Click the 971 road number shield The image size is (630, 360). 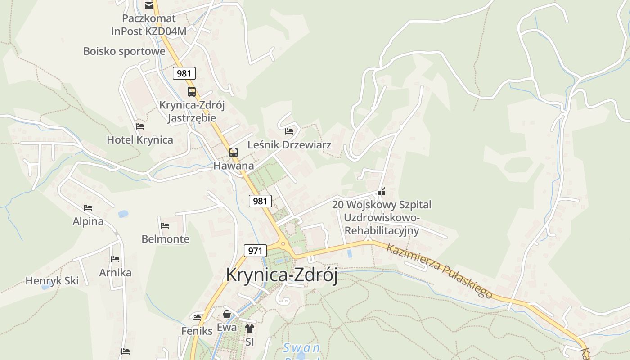pyautogui.click(x=255, y=251)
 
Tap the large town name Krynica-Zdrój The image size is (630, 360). pyautogui.click(x=282, y=275)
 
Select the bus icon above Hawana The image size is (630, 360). pyautogui.click(x=233, y=153)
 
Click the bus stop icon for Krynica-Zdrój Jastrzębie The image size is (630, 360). pyautogui.click(x=192, y=92)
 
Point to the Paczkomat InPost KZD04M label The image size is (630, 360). pyautogui.click(x=149, y=25)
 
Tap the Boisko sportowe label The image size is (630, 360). pyautogui.click(x=124, y=51)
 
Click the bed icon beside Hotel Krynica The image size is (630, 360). pyautogui.click(x=140, y=126)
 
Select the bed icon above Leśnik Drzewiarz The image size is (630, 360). pyautogui.click(x=289, y=131)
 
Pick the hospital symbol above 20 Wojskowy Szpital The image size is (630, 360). pyautogui.click(x=382, y=192)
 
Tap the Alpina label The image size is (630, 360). pyautogui.click(x=88, y=221)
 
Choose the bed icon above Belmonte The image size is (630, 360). pyautogui.click(x=165, y=225)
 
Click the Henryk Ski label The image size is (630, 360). pyautogui.click(x=52, y=281)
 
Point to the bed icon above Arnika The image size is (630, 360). pyautogui.click(x=115, y=259)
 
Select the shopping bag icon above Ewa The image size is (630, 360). pyautogui.click(x=227, y=314)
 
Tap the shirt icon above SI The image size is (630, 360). pyautogui.click(x=250, y=328)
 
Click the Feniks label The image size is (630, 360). pyautogui.click(x=197, y=331)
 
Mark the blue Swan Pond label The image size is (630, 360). pyautogui.click(x=301, y=348)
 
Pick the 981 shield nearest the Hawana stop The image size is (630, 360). pyautogui.click(x=260, y=201)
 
